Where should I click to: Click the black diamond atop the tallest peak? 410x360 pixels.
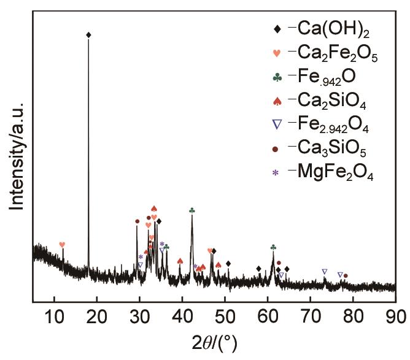(x=89, y=35)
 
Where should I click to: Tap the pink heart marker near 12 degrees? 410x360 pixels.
(x=62, y=245)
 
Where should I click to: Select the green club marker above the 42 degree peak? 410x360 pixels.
(x=192, y=210)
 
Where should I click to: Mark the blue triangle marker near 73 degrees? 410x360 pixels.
(x=325, y=271)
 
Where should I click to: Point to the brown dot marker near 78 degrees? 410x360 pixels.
(x=346, y=276)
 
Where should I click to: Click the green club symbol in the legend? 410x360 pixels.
(x=277, y=77)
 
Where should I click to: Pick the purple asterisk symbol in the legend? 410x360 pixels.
(x=276, y=173)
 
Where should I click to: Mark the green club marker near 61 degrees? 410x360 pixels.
(x=273, y=247)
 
